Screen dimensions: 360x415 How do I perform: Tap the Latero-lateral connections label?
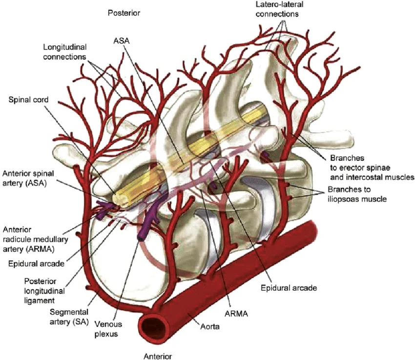[277, 9]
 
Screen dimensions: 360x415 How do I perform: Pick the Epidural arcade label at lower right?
[289, 288]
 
